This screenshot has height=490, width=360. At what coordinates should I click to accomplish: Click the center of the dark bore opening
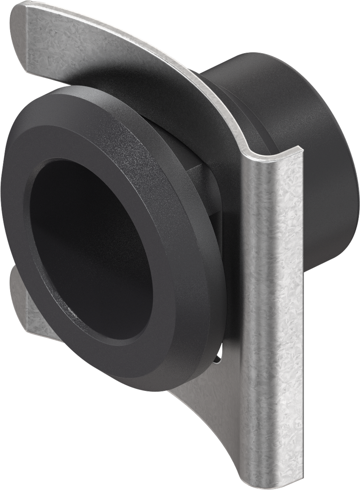coord(91,249)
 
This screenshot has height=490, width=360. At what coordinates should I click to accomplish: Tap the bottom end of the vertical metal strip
coord(278,481)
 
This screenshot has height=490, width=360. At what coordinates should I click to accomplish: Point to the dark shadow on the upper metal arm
coord(120,72)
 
